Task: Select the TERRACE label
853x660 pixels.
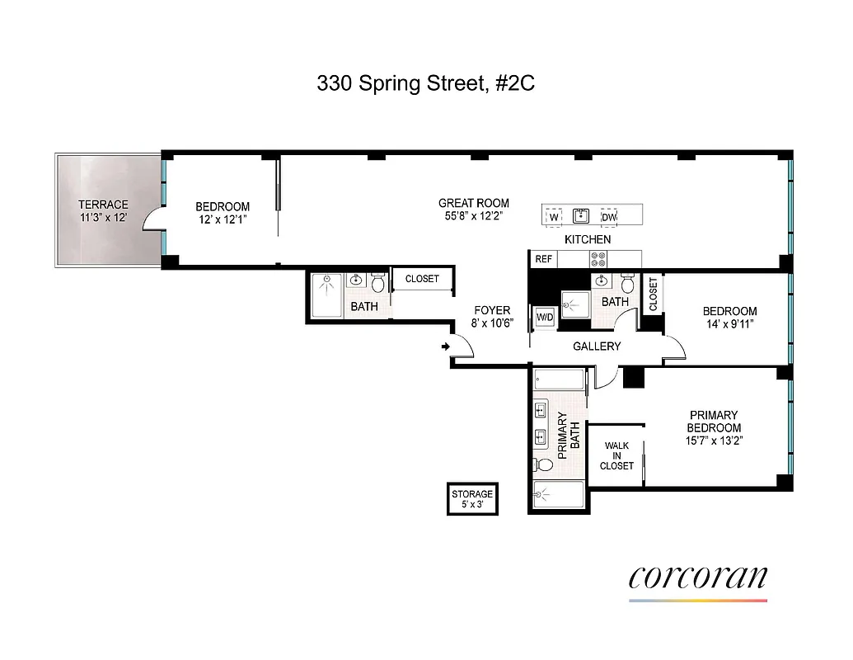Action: pyautogui.click(x=103, y=205)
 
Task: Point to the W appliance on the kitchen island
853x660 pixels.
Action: pyautogui.click(x=554, y=217)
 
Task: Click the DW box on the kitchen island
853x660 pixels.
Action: pyautogui.click(x=609, y=217)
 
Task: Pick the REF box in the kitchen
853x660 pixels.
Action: pyautogui.click(x=543, y=259)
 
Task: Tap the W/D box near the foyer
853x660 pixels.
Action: pyautogui.click(x=545, y=318)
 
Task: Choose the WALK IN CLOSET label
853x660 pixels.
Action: pyautogui.click(x=616, y=455)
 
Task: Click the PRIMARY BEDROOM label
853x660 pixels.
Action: pyautogui.click(x=715, y=422)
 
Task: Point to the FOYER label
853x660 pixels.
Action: pyautogui.click(x=492, y=311)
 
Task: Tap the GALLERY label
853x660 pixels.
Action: pyautogui.click(x=596, y=346)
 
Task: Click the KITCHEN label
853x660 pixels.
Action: pyautogui.click(x=587, y=239)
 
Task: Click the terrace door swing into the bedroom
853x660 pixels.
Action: pyautogui.click(x=151, y=219)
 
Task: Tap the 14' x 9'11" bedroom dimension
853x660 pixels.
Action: pyautogui.click(x=729, y=324)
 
